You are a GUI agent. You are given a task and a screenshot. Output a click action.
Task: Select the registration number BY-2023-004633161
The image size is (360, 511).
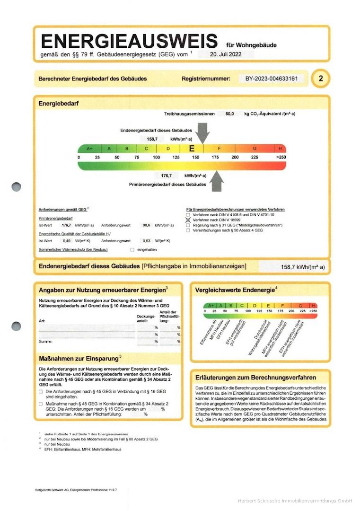pos(271,79)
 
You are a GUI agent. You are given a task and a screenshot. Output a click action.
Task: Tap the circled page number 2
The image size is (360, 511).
pos(320,79)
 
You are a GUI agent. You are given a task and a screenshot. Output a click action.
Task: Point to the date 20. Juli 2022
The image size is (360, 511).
pos(225,54)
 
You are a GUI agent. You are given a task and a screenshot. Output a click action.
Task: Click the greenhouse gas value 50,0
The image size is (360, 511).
pos(230,114)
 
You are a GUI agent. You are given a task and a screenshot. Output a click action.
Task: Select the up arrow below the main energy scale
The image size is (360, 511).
pos(217,180)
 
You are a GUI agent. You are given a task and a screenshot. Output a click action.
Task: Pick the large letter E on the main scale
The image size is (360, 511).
pos(192,149)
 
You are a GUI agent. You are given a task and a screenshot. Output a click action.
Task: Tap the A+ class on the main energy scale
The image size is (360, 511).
pos(90,149)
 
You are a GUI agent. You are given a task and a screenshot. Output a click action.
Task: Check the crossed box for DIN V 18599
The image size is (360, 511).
pos(188,220)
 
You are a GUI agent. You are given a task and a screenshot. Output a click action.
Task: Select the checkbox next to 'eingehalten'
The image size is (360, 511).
pos(132,249)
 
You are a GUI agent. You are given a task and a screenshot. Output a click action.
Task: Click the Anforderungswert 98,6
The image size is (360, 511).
pos(147,225)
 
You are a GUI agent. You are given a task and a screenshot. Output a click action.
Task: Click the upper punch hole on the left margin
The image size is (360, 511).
pos(17,186)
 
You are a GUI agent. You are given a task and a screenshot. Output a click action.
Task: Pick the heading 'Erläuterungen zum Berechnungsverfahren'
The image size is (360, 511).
pos(256,377)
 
